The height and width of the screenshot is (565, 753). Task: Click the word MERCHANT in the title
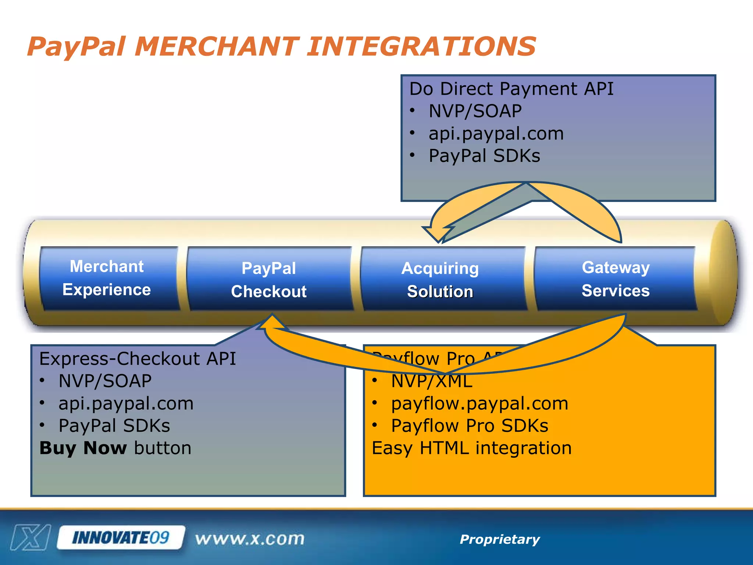tap(217, 47)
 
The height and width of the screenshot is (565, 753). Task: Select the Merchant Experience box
tap(107, 278)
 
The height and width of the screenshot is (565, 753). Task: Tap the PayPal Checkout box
tap(269, 280)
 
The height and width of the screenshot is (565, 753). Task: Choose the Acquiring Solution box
tap(440, 280)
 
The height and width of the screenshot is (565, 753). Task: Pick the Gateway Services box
tap(615, 279)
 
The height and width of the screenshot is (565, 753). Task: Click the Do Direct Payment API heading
tap(511, 89)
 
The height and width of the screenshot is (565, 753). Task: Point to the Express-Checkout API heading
tap(137, 359)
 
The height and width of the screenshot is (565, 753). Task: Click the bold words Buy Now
tap(83, 448)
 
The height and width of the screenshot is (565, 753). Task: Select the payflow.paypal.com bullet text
tap(479, 404)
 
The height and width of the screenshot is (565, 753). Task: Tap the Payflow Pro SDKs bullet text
tap(470, 426)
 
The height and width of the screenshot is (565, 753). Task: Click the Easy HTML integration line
tap(471, 448)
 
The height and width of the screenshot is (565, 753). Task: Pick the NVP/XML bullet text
tap(432, 381)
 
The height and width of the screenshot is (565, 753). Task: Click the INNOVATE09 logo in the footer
tap(121, 538)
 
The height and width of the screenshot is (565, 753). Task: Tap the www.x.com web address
tap(250, 539)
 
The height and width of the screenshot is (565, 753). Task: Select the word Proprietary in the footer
tap(500, 539)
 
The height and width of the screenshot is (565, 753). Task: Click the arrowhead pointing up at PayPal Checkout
tap(272, 322)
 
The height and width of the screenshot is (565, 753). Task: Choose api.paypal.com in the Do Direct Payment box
tap(496, 134)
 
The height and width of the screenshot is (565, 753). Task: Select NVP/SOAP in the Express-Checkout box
tap(105, 381)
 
